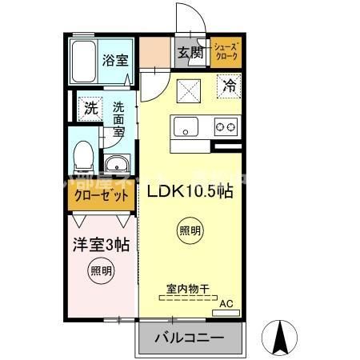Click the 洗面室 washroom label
tap(118, 116)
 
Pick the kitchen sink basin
tap(186, 126)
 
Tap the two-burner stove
tap(224, 126)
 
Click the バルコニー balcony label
tap(189, 339)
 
